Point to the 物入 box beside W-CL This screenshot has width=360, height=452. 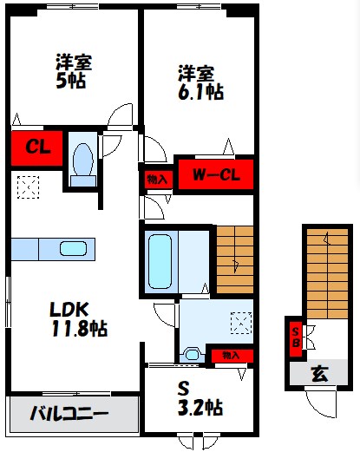point(157,180)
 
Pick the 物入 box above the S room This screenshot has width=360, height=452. point(230,355)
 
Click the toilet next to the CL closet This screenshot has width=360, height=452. point(83,160)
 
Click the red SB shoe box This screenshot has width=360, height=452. point(296,336)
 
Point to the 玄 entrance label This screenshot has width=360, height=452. point(320,375)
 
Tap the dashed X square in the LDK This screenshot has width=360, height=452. point(28,185)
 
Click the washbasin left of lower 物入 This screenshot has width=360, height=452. point(192,354)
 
